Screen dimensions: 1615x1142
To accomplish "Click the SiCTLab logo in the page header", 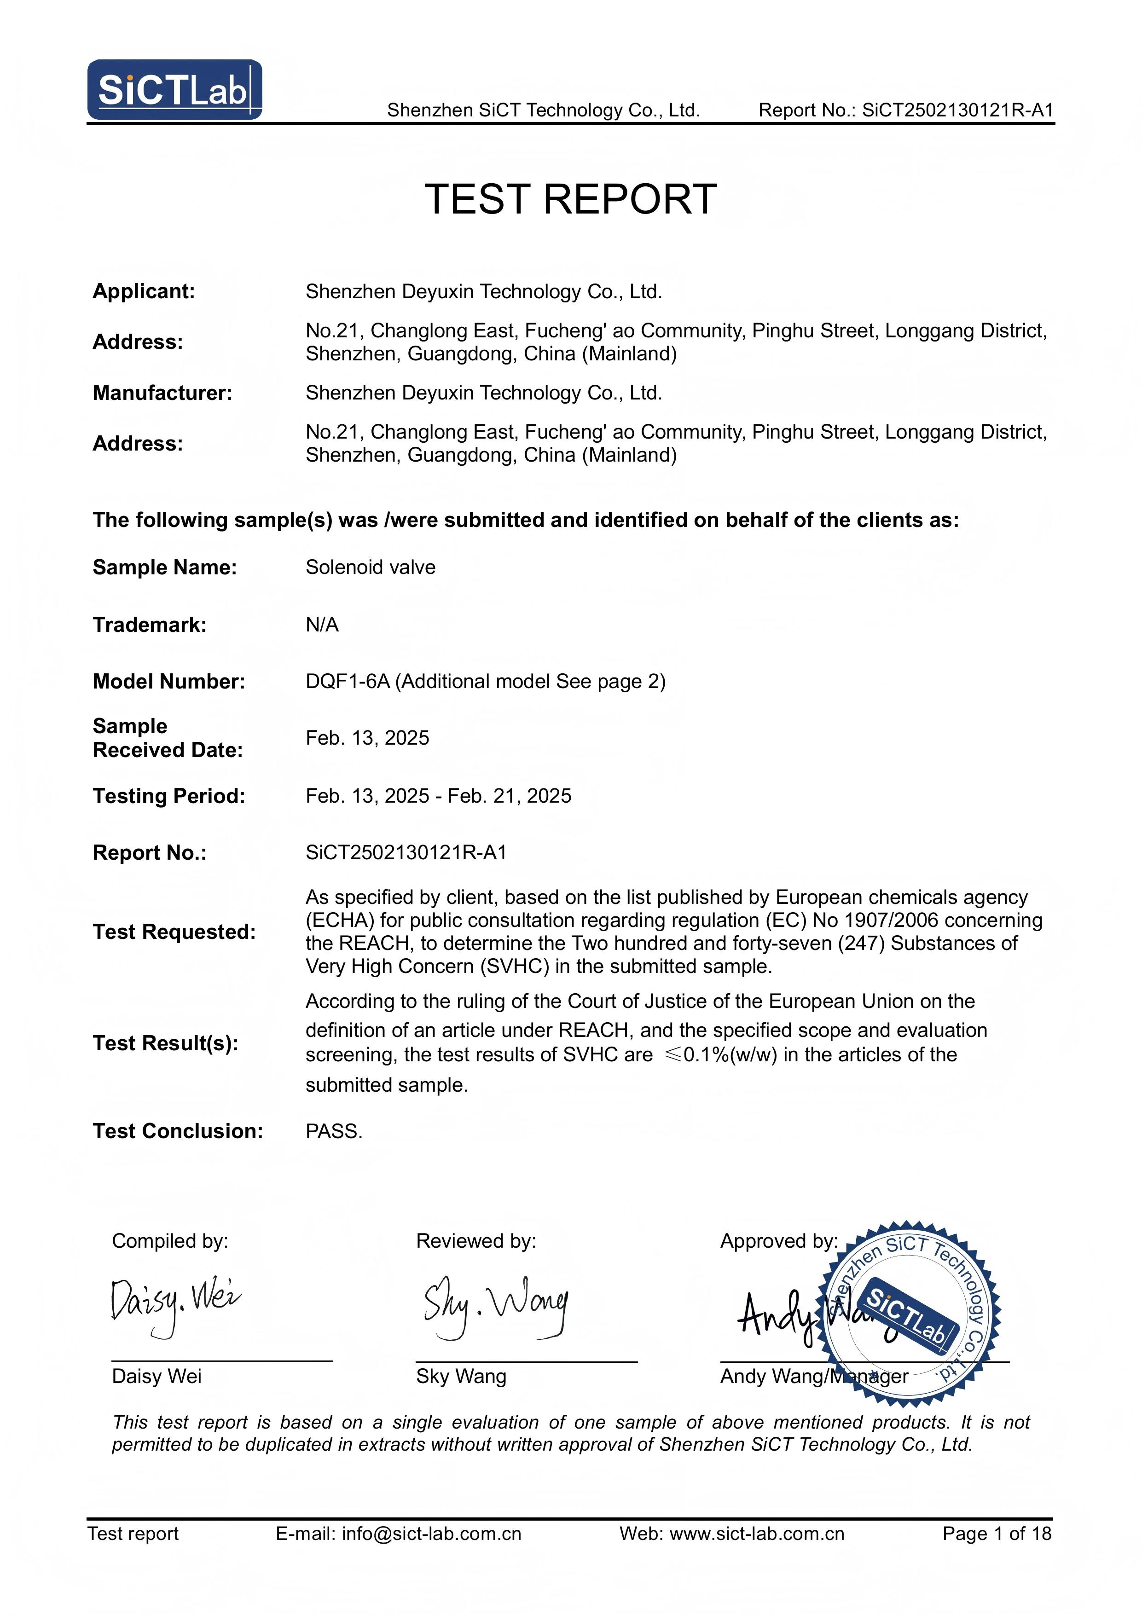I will (x=174, y=90).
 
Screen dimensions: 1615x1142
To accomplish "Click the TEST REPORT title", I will (x=571, y=199).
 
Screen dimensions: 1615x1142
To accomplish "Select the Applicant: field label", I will (x=144, y=291).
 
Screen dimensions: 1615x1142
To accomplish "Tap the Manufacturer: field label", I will (x=162, y=393).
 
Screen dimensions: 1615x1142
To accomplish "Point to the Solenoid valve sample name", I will (x=370, y=567).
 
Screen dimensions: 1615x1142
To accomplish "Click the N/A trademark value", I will (x=322, y=625).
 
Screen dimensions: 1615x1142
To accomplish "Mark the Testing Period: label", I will (x=169, y=796).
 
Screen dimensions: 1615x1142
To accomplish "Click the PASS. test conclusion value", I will (x=334, y=1131).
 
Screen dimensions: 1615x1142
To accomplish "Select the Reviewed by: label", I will (x=475, y=1241).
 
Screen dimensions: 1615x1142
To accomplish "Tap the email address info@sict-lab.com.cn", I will (x=431, y=1534).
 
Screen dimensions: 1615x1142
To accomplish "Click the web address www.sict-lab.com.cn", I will (x=756, y=1534).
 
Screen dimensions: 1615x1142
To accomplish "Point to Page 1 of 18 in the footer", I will (x=997, y=1534).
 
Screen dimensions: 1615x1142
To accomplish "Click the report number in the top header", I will (x=905, y=110).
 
